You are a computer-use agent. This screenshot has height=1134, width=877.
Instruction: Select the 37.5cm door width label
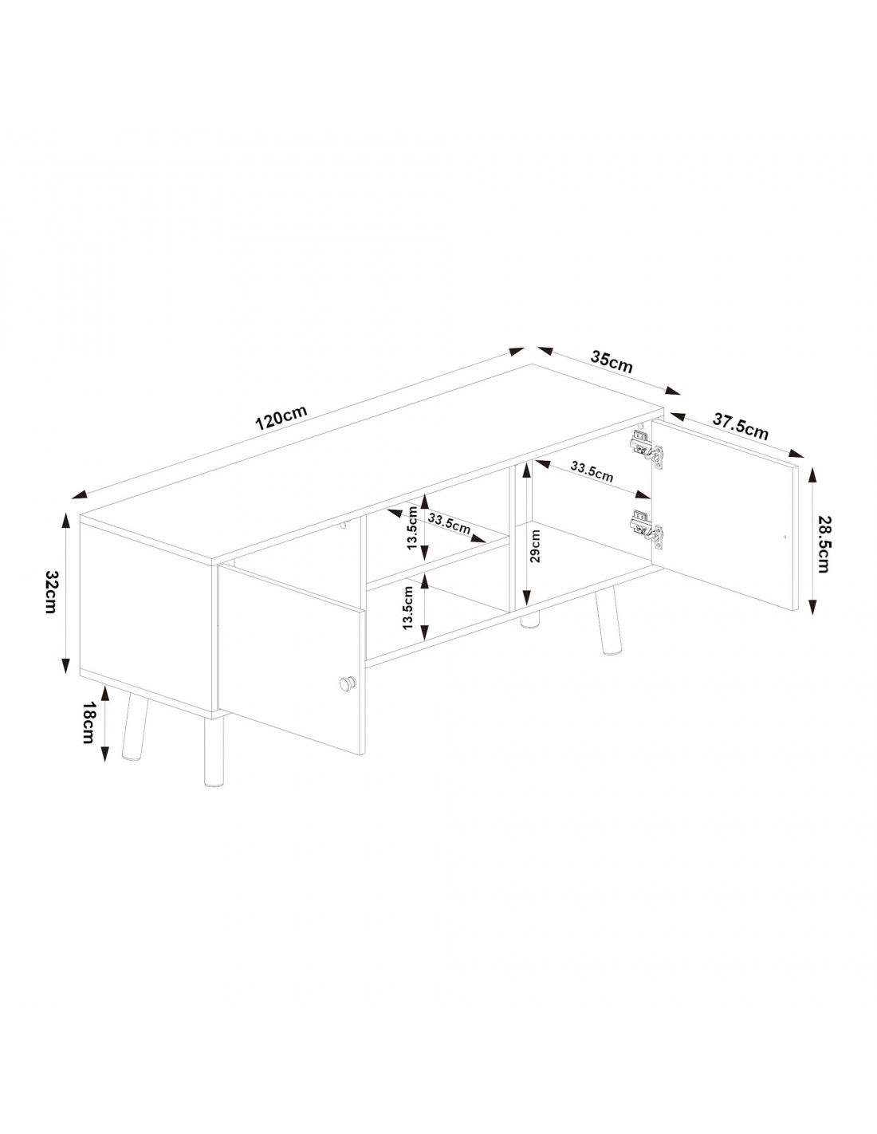tap(741, 427)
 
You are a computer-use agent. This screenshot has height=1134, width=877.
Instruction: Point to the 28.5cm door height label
tap(823, 544)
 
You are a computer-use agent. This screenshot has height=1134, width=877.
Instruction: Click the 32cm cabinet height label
tap(51, 591)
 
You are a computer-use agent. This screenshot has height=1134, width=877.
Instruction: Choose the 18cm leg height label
tap(88, 723)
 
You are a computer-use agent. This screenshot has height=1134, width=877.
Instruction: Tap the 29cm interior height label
tap(535, 545)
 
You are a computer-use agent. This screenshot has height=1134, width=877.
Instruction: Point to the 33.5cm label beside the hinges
tap(591, 472)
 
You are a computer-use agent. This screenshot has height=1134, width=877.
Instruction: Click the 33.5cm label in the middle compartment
tap(449, 523)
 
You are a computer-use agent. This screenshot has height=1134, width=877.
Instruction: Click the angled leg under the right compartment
tap(607, 623)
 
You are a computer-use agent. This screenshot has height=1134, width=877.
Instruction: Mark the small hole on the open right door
tap(785, 536)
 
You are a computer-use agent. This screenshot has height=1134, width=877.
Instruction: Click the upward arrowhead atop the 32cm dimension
tap(65, 520)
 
